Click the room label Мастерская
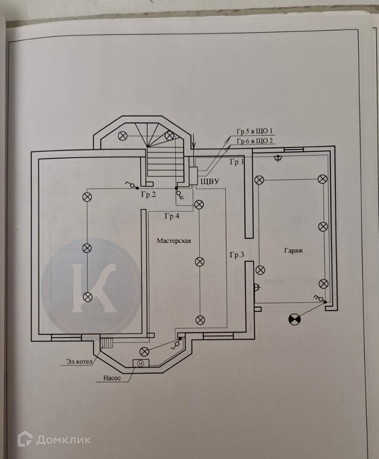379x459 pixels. coord(174,241)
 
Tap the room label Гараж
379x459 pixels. coord(293,250)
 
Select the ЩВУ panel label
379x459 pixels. coord(210,182)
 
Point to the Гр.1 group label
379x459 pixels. coord(237,162)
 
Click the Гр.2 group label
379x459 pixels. coord(149,195)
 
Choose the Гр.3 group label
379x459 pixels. coord(237,255)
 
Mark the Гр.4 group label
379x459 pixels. coord(172,217)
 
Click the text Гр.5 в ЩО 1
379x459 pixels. coord(254,131)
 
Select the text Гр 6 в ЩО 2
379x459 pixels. coord(254,141)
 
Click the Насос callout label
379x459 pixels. coord(112,378)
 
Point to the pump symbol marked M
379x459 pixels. coord(141,363)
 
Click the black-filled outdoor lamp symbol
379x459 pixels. coord(295,319)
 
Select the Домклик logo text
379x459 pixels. coord(63,440)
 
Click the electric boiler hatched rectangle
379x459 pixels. coord(107,342)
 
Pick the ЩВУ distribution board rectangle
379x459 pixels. coord(194,176)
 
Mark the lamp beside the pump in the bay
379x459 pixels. coord(144,351)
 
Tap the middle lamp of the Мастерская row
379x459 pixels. coord(200,262)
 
